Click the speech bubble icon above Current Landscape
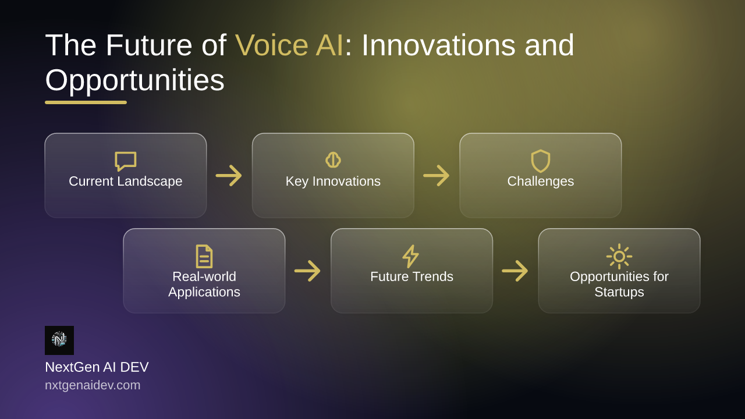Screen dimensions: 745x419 tap(125, 161)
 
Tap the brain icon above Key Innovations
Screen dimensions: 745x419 tap(333, 160)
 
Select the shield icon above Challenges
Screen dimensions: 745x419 tap(541, 161)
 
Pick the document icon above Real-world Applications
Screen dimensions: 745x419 tap(204, 257)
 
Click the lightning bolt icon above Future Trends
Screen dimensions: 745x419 tap(411, 257)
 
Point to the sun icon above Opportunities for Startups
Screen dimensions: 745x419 tap(619, 257)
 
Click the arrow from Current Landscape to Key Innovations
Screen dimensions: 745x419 tap(229, 175)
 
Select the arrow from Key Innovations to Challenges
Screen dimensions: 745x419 tap(437, 175)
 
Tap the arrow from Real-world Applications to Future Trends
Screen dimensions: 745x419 tap(307, 271)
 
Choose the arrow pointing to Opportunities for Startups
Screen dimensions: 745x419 tap(515, 271)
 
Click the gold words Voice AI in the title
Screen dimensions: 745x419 tap(289, 45)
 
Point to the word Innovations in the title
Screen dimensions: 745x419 tap(438, 45)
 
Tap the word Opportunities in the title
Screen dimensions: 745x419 tap(134, 81)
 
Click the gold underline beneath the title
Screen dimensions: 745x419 tap(86, 102)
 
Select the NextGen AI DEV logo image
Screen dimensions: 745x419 tap(59, 340)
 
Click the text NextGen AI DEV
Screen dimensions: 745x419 tap(97, 367)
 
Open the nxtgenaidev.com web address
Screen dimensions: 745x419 tap(93, 385)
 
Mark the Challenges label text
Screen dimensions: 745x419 tap(541, 182)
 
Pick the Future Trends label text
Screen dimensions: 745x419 tap(411, 276)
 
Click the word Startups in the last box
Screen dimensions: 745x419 tap(619, 292)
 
